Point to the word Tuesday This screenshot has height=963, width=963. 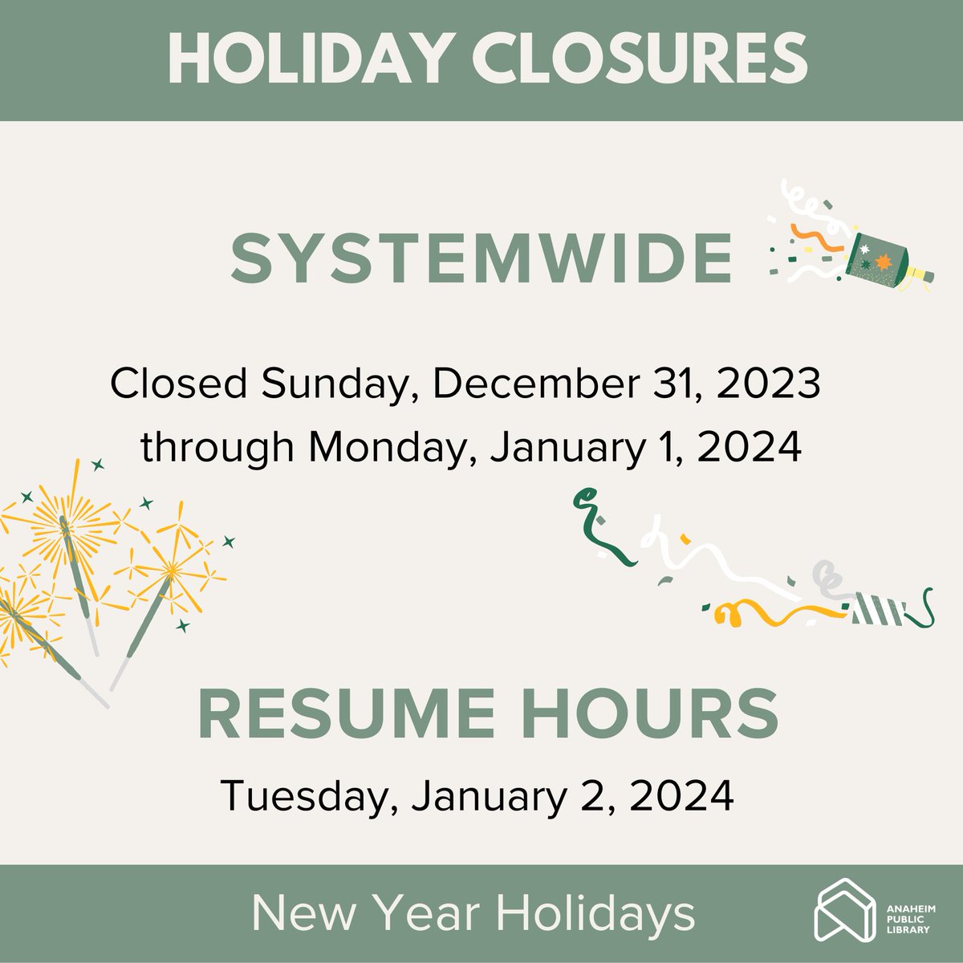coord(309,797)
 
